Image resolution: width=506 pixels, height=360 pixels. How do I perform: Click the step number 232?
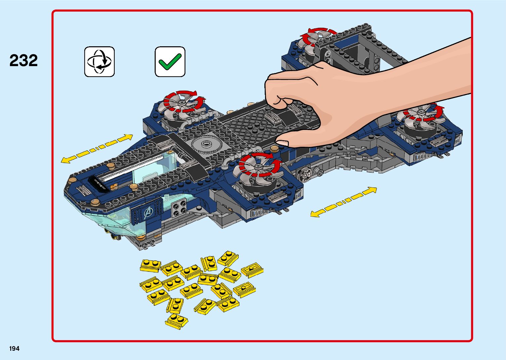tap(23, 60)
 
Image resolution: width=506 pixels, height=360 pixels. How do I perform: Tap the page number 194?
tap(14, 348)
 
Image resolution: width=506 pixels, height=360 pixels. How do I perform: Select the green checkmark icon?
tap(170, 61)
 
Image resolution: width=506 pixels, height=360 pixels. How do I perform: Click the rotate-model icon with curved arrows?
tap(99, 61)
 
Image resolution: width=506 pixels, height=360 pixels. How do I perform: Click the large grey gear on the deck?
tap(206, 144)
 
